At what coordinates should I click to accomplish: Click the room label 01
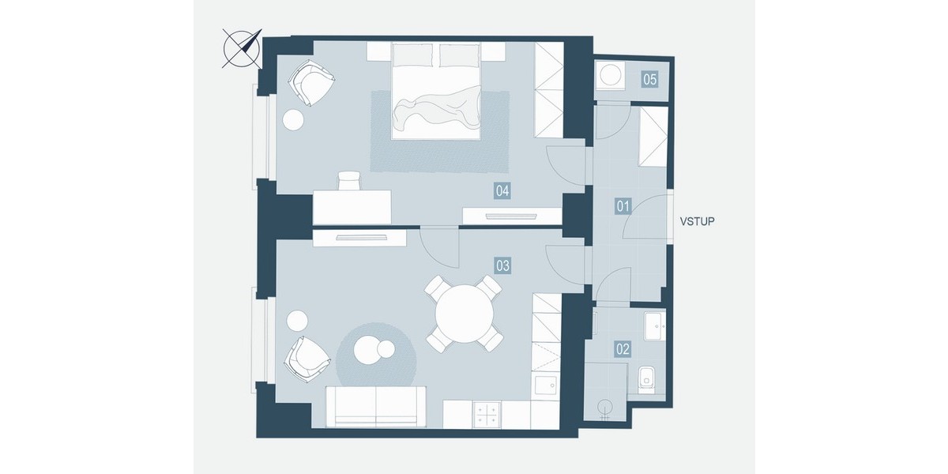tap(623, 206)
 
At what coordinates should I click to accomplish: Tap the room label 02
tap(623, 349)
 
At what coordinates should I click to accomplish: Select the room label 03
tap(502, 265)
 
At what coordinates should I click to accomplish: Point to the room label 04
tap(502, 191)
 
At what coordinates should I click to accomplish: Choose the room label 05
tap(649, 79)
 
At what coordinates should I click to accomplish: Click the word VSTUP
tap(697, 221)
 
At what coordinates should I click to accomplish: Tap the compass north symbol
tap(243, 49)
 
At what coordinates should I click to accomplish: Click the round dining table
tap(465, 314)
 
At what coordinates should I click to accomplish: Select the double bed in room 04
tap(436, 90)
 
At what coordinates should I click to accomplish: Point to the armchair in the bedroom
tap(311, 82)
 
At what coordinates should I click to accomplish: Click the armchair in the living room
tap(307, 359)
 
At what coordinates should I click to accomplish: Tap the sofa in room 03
tap(376, 407)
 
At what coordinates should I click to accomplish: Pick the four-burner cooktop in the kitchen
tap(487, 415)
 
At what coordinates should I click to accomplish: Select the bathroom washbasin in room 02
tap(655, 325)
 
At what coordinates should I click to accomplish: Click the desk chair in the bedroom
tap(349, 181)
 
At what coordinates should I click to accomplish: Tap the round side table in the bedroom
tap(293, 120)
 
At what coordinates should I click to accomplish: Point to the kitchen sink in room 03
tap(546, 386)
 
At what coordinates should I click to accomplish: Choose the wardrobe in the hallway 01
tap(653, 137)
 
